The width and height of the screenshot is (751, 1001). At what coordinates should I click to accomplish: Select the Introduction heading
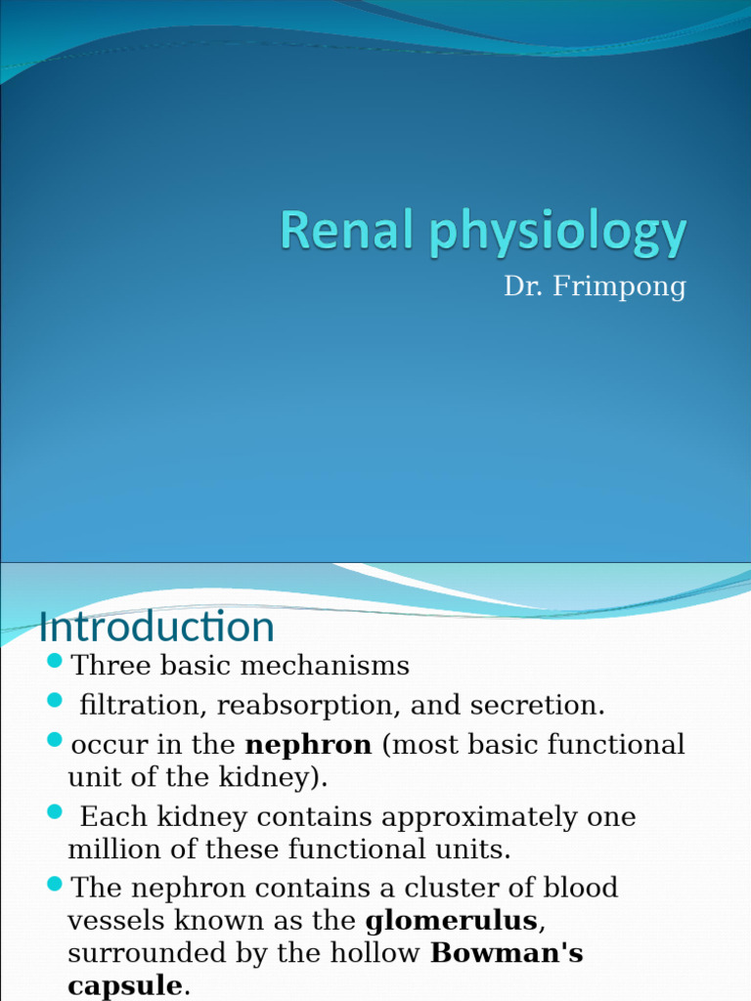(156, 628)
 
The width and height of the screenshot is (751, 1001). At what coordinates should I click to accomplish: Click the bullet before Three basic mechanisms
(54, 664)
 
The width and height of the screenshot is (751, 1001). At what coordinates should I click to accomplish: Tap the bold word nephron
(308, 745)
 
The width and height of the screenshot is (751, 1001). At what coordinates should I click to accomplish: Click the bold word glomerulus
(451, 921)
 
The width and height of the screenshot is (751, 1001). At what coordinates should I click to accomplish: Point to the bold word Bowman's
(508, 954)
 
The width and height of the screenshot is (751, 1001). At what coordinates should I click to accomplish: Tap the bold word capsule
(125, 985)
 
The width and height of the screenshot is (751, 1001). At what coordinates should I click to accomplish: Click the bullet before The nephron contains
(54, 885)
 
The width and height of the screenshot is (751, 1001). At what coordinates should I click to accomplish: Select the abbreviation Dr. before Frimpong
(522, 287)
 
